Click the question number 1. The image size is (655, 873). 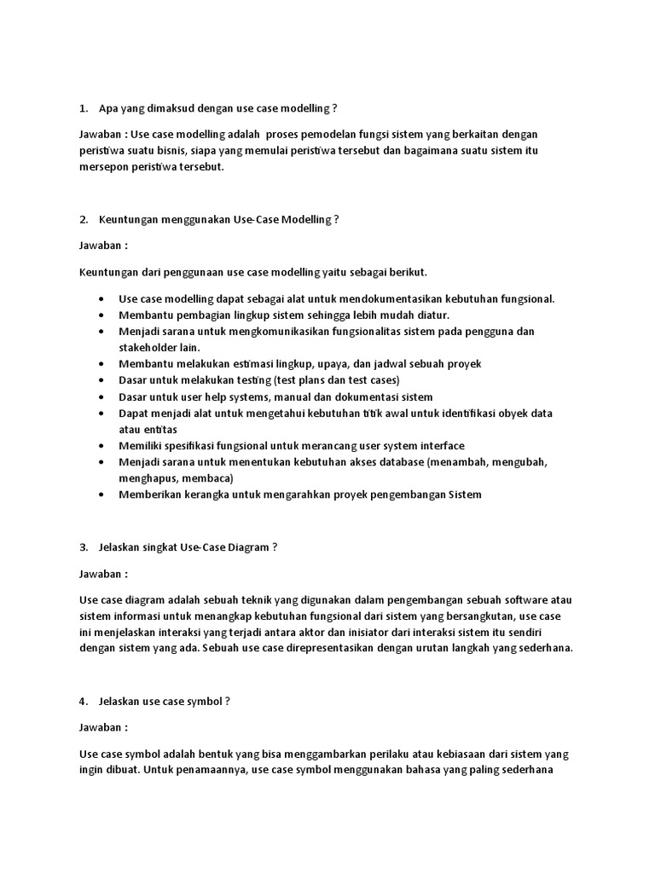tap(83, 108)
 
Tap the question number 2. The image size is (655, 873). tap(83, 219)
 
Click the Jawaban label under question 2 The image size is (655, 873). tap(103, 246)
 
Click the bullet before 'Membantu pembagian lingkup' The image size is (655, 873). tap(102, 315)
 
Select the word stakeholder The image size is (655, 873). tap(147, 348)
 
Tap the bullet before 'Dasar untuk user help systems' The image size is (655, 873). tap(102, 397)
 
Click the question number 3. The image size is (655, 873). tap(83, 547)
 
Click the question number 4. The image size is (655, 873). tap(83, 701)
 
